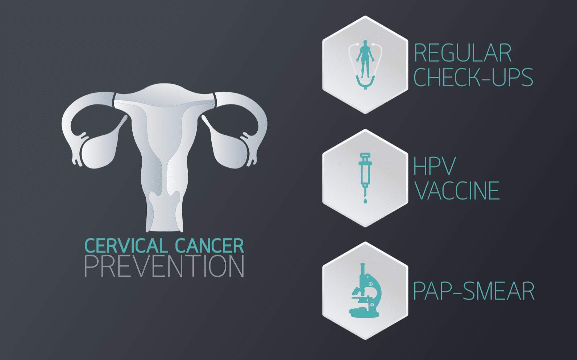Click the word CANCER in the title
point(209,246)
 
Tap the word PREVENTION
point(164,267)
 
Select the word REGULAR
point(462,53)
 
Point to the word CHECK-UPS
point(473,77)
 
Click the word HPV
point(434,167)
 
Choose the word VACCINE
point(457,191)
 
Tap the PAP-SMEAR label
point(474,291)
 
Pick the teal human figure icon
point(365,60)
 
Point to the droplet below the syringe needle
point(365,201)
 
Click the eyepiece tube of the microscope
point(362,269)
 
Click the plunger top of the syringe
point(365,155)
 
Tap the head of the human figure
point(365,43)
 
